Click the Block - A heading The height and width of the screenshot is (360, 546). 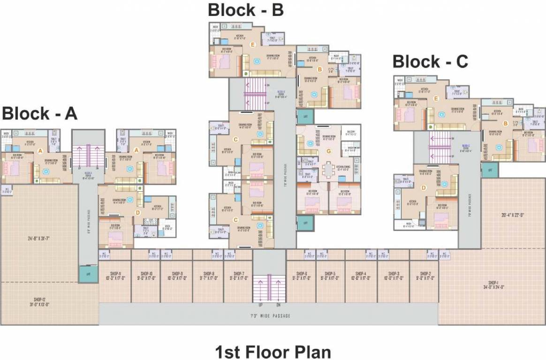click(x=40, y=113)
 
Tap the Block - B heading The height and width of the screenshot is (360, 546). click(x=246, y=10)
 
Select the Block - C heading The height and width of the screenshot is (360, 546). click(x=430, y=61)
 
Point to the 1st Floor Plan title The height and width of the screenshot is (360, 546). click(x=273, y=352)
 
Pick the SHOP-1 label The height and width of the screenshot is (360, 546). click(x=493, y=283)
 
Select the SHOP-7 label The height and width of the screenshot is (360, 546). click(x=238, y=274)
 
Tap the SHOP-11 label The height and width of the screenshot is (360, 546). click(x=114, y=274)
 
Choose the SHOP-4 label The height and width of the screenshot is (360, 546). click(x=360, y=274)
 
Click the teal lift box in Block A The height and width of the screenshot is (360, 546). click(x=85, y=274)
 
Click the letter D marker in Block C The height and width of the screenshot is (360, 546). click(x=424, y=188)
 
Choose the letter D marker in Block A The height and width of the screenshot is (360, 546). click(x=137, y=212)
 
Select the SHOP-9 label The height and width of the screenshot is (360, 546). click(x=176, y=274)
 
